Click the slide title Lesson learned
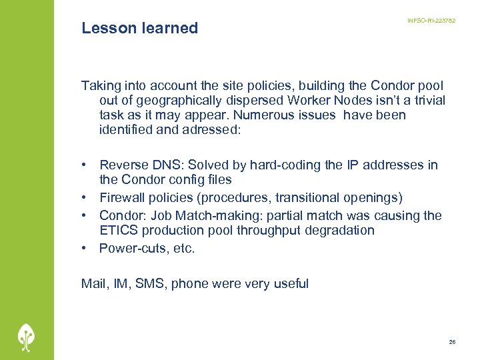point(139,28)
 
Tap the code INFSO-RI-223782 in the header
point(431,21)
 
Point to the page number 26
point(452,341)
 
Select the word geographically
point(171,100)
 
